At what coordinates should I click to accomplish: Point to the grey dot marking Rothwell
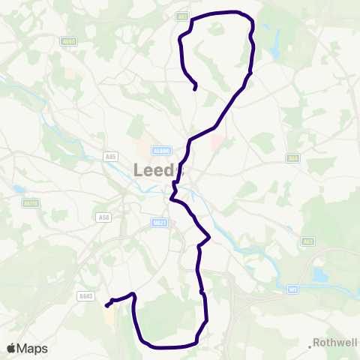click(310, 346)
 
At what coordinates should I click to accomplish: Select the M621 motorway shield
click(157, 222)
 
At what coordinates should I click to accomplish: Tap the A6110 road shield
click(30, 202)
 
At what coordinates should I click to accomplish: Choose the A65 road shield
click(111, 156)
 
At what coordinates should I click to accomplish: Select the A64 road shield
click(293, 158)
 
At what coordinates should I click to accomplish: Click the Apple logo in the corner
click(11, 348)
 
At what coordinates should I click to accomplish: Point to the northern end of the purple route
click(195, 89)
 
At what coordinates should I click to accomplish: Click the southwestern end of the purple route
click(106, 305)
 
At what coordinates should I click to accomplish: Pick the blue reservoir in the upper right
click(274, 49)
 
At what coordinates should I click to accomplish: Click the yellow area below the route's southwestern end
click(109, 318)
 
